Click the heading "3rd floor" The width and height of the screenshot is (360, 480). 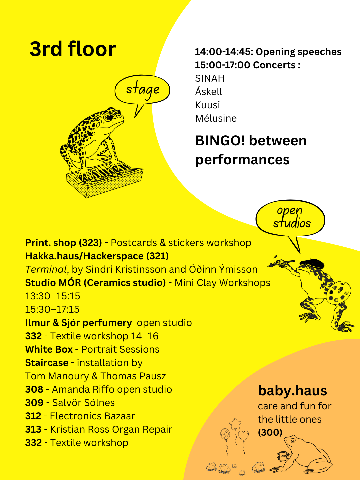coord(73,49)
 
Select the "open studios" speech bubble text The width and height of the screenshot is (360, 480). coord(292,217)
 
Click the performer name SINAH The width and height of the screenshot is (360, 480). coord(210,79)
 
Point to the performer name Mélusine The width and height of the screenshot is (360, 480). coord(216,118)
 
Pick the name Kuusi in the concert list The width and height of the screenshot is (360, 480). coord(207,105)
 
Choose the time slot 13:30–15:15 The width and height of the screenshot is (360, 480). coord(53,296)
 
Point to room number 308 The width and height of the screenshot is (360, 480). coord(34,389)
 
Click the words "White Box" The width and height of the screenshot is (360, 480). coord(49,349)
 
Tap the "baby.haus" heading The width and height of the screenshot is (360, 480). coord(292,391)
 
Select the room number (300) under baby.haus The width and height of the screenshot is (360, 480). coord(270,432)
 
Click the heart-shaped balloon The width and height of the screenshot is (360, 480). coord(243,435)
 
